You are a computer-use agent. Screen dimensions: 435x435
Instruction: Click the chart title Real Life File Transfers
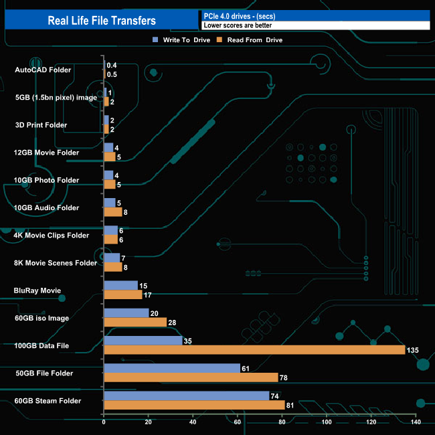[102, 21]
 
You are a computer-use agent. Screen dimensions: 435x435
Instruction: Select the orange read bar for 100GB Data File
[254, 350]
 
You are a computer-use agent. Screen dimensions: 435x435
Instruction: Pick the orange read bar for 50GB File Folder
[191, 377]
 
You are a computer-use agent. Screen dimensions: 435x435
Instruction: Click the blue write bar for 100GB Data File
[143, 341]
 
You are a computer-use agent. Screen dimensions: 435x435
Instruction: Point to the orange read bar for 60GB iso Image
[135, 323]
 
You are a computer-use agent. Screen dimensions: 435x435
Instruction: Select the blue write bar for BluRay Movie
[120, 286]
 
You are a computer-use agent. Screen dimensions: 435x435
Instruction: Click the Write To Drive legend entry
[181, 40]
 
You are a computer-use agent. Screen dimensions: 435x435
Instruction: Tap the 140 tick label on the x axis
[416, 422]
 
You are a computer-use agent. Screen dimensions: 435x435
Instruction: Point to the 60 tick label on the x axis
[238, 422]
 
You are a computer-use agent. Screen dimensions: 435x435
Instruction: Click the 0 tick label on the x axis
[104, 422]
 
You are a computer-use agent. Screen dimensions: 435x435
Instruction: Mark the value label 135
[414, 350]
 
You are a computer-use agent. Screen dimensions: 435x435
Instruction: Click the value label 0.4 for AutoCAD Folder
[112, 65]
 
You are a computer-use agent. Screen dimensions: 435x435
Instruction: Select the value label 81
[290, 405]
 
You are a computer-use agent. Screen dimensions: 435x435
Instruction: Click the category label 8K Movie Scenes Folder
[56, 263]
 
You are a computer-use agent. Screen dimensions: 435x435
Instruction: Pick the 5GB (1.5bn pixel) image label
[56, 98]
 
